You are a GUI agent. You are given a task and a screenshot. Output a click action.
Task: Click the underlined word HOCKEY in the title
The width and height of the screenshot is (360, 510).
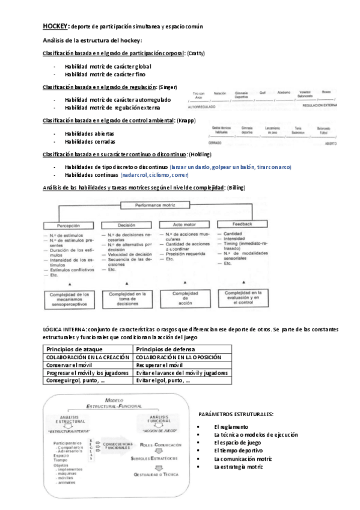click(x=55, y=26)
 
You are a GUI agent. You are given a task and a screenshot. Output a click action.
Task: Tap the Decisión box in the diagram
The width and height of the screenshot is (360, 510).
click(x=126, y=225)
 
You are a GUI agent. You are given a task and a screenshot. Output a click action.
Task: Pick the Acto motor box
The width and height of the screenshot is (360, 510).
click(x=180, y=225)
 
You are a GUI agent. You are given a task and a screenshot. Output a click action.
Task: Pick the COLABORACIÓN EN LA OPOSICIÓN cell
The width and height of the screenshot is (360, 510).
click(x=178, y=357)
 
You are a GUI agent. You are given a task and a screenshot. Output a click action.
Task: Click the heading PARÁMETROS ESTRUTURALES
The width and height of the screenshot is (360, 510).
click(x=235, y=414)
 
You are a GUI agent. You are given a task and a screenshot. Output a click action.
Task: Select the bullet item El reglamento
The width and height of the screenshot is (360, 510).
click(x=230, y=426)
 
